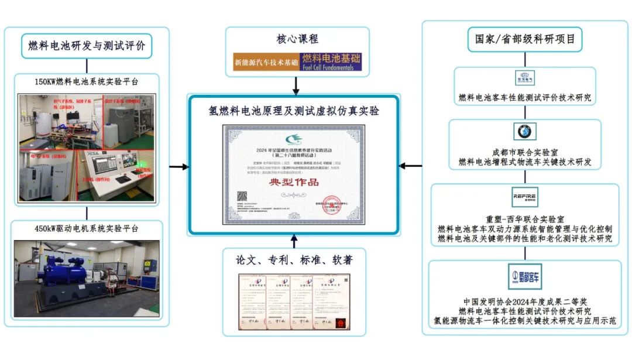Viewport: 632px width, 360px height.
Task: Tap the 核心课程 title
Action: pyautogui.click(x=297, y=39)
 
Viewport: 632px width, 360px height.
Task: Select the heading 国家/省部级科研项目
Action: pyautogui.click(x=524, y=40)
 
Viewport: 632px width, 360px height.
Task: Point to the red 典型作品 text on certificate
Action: pyautogui.click(x=294, y=182)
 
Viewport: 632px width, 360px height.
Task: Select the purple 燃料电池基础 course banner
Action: pyautogui.click(x=331, y=61)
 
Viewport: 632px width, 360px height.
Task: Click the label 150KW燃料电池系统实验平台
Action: pyautogui.click(x=87, y=82)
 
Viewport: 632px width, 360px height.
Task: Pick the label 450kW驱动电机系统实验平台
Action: pyautogui.click(x=87, y=228)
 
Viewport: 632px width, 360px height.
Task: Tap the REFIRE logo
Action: pyautogui.click(x=524, y=197)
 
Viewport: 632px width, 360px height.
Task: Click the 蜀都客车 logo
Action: pyautogui.click(x=524, y=276)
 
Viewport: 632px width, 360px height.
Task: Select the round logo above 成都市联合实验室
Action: pyautogui.click(x=524, y=132)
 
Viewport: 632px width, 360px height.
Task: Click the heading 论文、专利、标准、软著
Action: pyautogui.click(x=294, y=260)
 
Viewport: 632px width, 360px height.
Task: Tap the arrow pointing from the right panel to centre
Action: pyautogui.click(x=411, y=166)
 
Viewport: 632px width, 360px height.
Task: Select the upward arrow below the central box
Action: pyautogui.click(x=294, y=241)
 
